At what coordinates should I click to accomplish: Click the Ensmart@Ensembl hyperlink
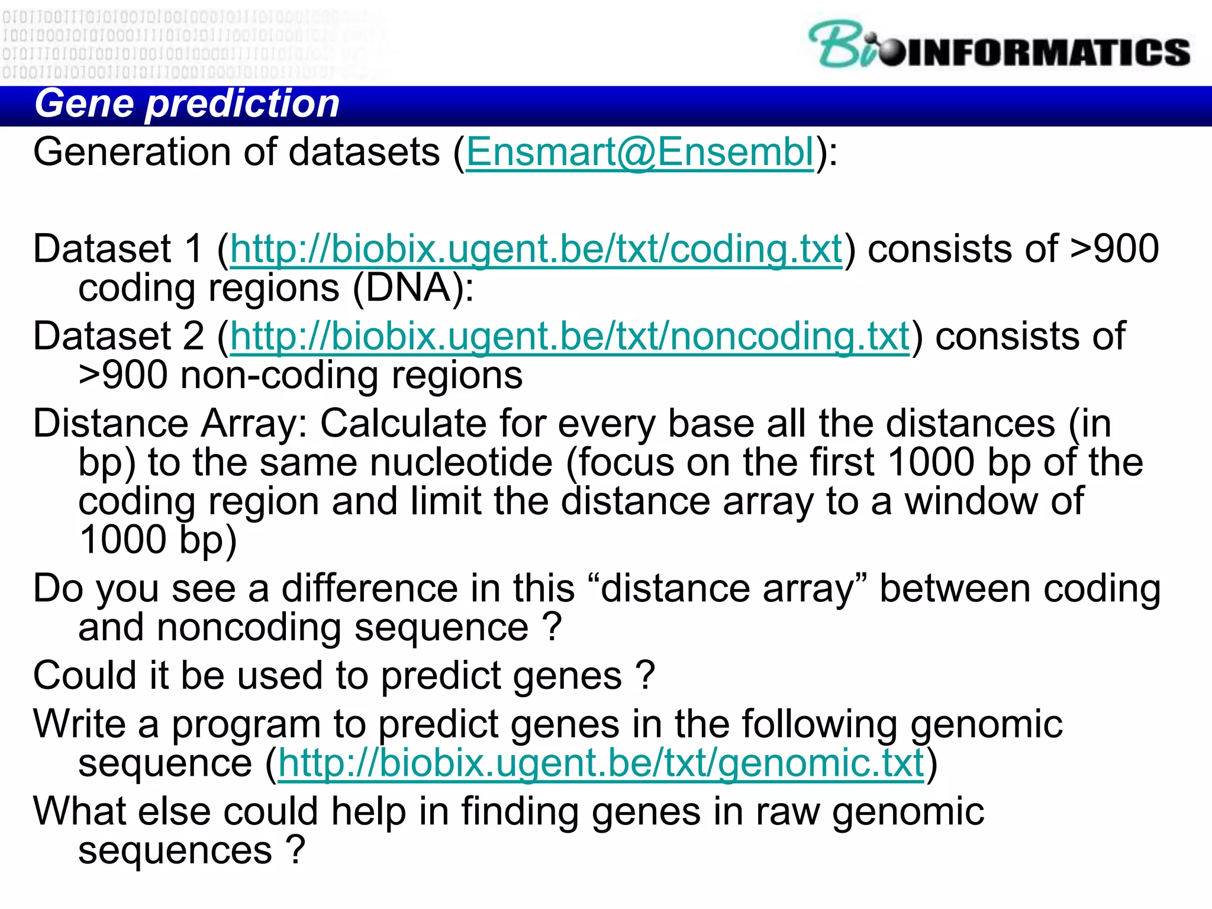coord(640,153)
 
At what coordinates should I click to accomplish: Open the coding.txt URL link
coord(536,249)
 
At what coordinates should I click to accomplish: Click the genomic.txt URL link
coord(601,763)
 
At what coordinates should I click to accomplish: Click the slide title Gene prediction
coord(187,104)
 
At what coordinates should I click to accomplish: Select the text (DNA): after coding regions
coord(413,289)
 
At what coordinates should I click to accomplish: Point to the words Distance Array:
coord(170,424)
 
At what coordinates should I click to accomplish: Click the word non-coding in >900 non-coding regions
coord(279,376)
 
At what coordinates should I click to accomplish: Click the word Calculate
coord(403,424)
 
